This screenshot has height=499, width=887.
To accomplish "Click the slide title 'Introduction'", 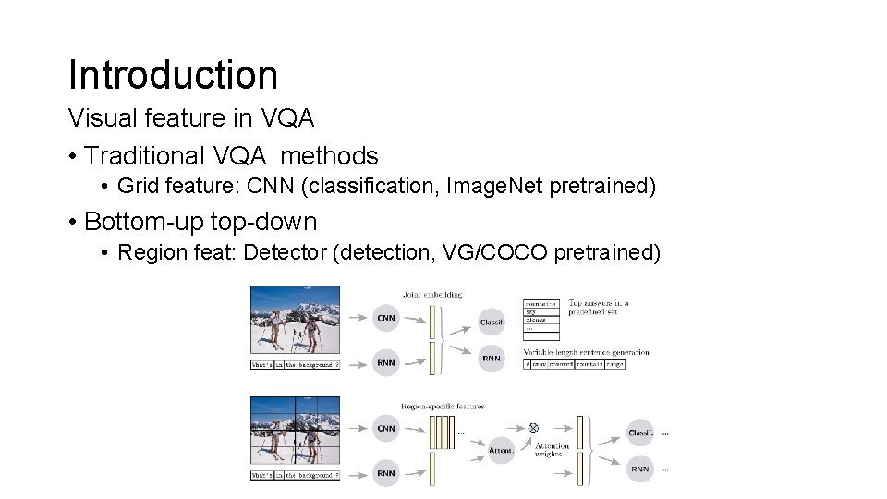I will [x=173, y=75].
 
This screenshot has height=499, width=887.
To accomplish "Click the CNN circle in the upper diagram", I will [x=386, y=318].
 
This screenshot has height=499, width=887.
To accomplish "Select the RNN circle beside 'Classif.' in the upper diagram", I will [x=492, y=359].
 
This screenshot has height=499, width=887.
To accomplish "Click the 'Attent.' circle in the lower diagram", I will [x=501, y=450].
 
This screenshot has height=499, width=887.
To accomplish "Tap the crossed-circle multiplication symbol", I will [x=533, y=428].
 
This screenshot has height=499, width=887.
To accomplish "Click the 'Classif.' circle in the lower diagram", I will [x=640, y=432].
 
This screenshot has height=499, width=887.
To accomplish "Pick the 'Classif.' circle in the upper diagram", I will [x=492, y=322].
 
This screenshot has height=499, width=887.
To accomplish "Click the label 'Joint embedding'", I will [x=432, y=295].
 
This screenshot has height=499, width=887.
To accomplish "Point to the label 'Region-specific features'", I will [x=442, y=406].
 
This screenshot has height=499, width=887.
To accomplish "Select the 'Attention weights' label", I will [x=552, y=450].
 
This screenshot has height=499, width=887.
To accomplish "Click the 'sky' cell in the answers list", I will [x=532, y=312].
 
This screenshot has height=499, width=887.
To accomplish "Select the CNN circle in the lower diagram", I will [x=386, y=429].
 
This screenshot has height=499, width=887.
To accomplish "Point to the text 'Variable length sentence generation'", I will [x=586, y=352].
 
